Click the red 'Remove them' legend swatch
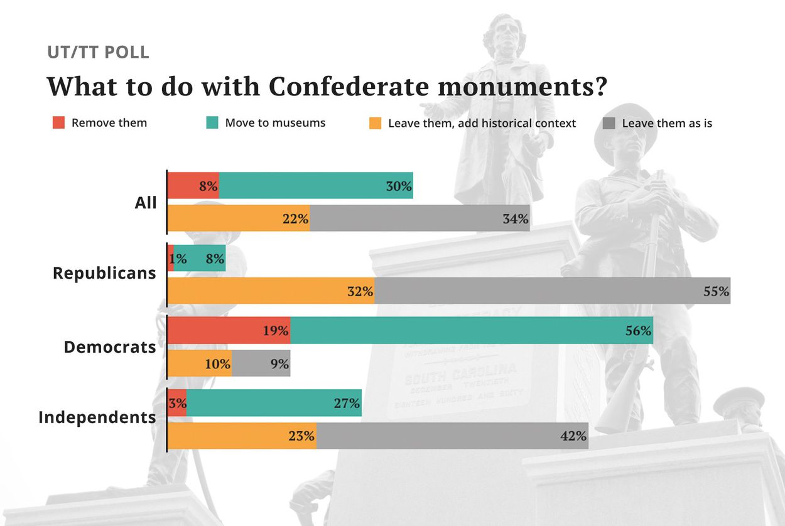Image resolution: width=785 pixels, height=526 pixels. pos(58,123)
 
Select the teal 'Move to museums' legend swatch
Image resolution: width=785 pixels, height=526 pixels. pos(212,123)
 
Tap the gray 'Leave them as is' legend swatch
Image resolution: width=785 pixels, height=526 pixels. pos(609,124)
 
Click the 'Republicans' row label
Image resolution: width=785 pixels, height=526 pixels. pos(104,274)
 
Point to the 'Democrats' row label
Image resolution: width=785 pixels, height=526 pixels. pos(110,347)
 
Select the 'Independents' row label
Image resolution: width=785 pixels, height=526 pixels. pos(97,417)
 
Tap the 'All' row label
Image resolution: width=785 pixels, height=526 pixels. pos(146,203)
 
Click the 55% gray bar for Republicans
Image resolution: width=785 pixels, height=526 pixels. pos(553,291)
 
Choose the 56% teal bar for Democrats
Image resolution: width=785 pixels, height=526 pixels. pos(471,330)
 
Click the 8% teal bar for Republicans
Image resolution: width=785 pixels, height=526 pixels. pos(200,258)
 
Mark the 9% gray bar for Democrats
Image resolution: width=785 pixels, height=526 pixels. pos(261,363)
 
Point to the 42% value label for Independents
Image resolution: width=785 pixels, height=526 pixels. pos(574,436)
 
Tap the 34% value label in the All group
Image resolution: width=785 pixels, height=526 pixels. pos(516,219)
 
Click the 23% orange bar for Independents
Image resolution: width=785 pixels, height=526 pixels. pos(242,436)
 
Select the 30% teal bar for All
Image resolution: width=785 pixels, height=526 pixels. pos(316,186)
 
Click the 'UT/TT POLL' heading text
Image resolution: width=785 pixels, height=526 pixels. pos(98,52)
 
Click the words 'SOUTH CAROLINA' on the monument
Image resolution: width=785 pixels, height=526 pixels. pos(460,374)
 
